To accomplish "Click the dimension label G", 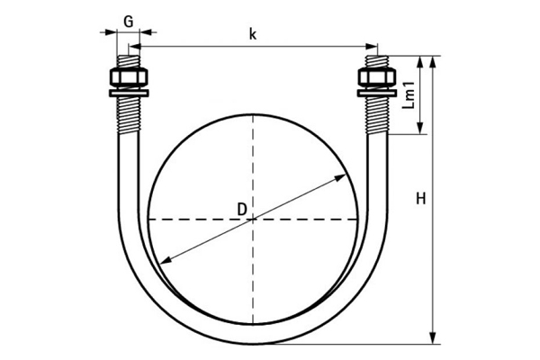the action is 129,22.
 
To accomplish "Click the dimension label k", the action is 253,34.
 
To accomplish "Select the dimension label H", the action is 421,199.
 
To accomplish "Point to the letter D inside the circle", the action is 242,209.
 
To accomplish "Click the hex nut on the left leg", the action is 129,78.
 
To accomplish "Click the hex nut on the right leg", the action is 376,78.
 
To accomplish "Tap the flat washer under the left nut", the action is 129,93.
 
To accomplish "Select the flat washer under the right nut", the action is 376,93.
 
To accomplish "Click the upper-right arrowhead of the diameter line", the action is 340,177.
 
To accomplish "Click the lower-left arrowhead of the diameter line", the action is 166,261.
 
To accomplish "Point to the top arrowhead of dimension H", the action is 433,62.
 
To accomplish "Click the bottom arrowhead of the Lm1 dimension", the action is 419,128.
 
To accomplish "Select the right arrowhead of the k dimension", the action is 372,46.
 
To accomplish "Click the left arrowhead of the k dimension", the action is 135,46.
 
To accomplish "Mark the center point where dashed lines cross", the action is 253,219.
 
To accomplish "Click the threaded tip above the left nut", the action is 129,62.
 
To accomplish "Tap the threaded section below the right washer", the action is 377,115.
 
